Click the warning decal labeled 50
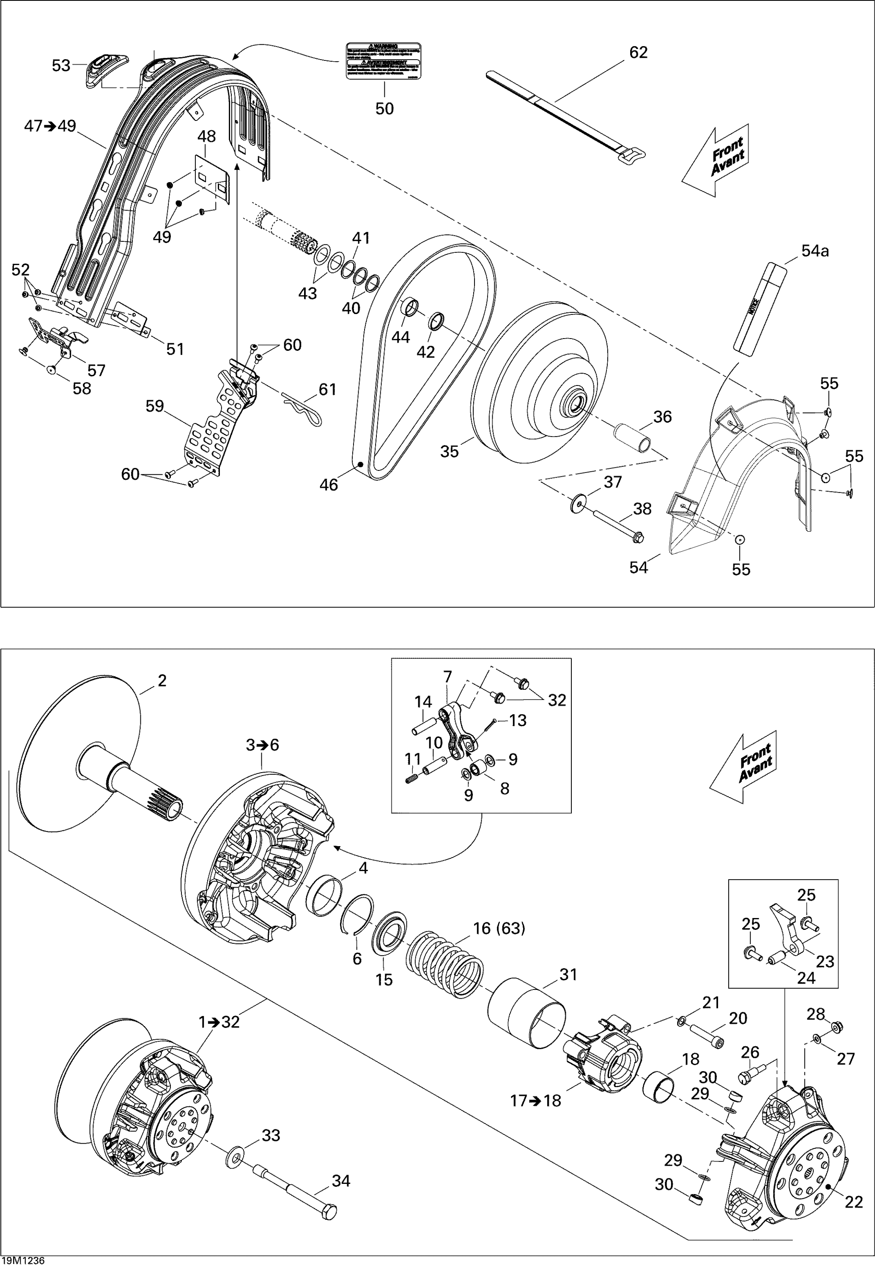pos(384,61)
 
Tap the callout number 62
pos(638,52)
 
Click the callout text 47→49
pos(50,126)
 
